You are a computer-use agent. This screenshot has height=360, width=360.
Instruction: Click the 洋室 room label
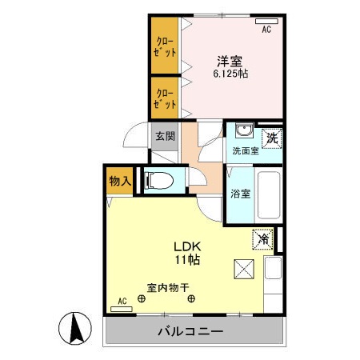click(228, 60)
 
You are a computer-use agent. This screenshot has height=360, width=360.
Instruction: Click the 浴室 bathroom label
click(240, 193)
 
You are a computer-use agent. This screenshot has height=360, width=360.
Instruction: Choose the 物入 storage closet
click(119, 182)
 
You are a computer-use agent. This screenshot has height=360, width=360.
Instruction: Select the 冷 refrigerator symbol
click(262, 238)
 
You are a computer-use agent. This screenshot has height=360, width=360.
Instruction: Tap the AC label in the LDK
click(122, 301)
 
